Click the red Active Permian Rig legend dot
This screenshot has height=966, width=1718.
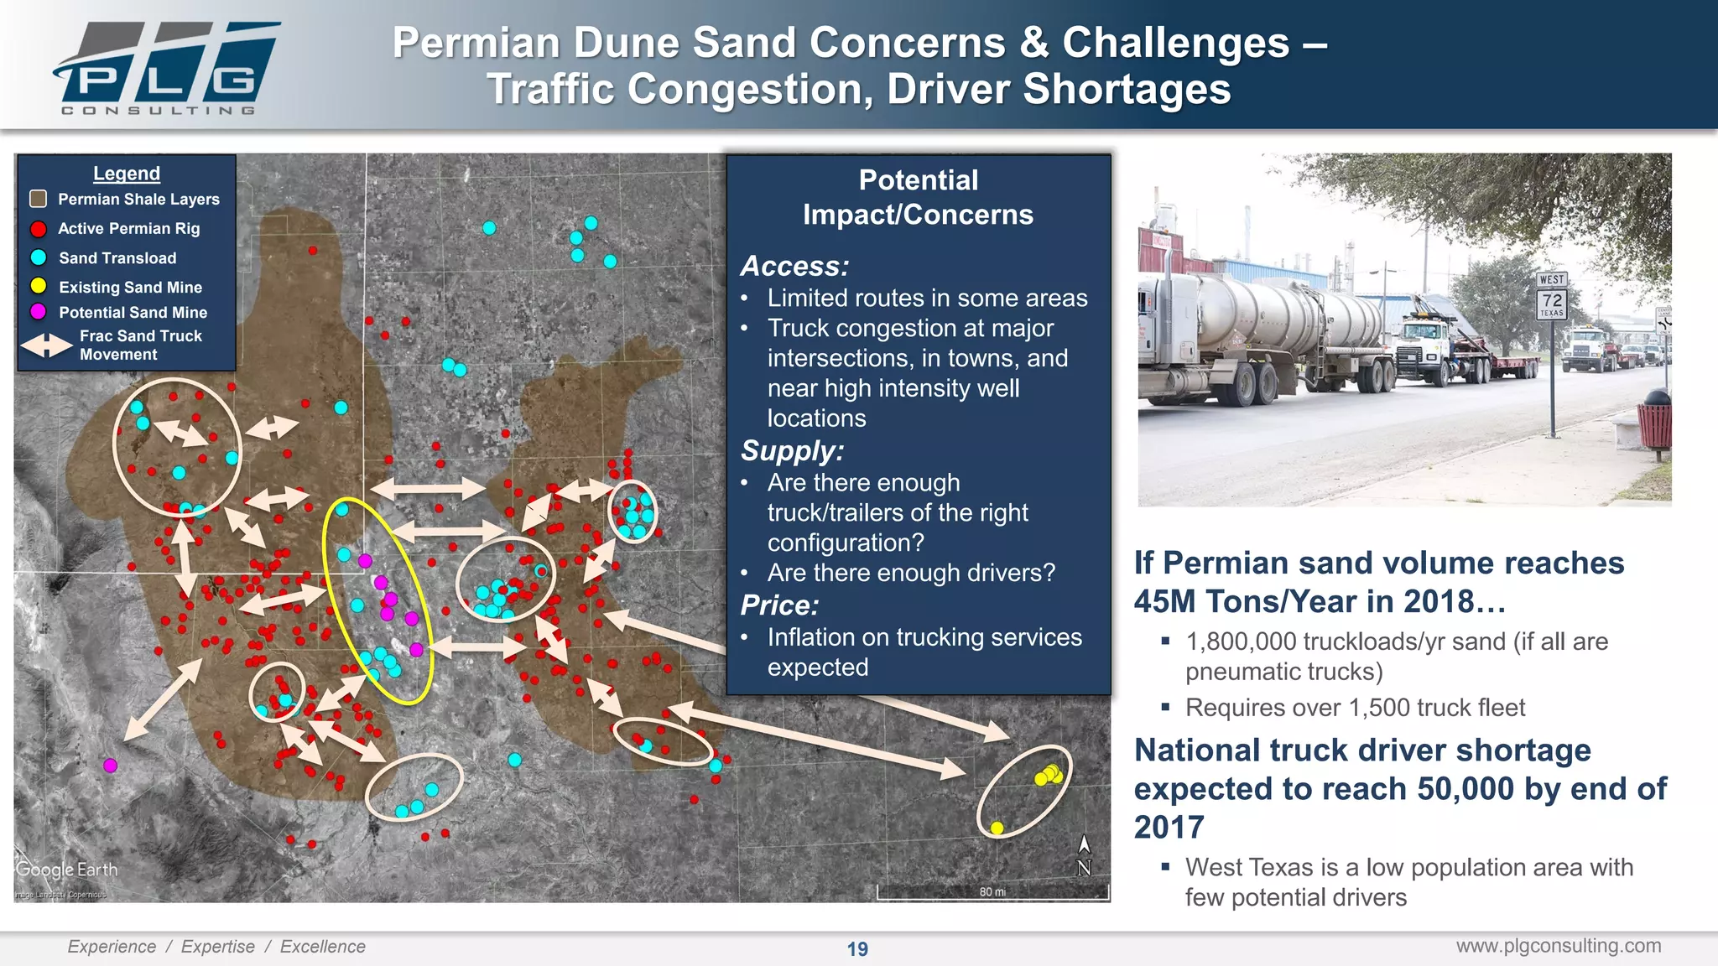click(x=38, y=229)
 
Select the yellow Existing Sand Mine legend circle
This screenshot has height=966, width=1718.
click(x=38, y=286)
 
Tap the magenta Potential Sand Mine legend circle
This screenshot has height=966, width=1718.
click(x=38, y=312)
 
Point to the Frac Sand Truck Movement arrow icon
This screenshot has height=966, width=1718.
click(x=46, y=345)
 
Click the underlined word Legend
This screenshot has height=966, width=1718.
click(x=126, y=174)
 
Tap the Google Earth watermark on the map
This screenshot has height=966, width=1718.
click(x=67, y=870)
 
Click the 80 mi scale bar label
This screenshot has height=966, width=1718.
click(x=992, y=891)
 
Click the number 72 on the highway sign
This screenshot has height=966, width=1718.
click(x=1552, y=300)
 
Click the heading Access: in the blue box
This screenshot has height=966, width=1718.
click(x=794, y=267)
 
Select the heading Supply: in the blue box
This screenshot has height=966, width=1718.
click(x=792, y=451)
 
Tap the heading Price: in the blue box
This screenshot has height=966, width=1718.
click(x=779, y=605)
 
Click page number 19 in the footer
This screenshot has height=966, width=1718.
click(x=857, y=949)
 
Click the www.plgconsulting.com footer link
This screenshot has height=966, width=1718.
click(x=1558, y=946)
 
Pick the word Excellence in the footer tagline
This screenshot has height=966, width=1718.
click(x=322, y=947)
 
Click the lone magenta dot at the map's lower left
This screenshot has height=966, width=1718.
click(x=110, y=765)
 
